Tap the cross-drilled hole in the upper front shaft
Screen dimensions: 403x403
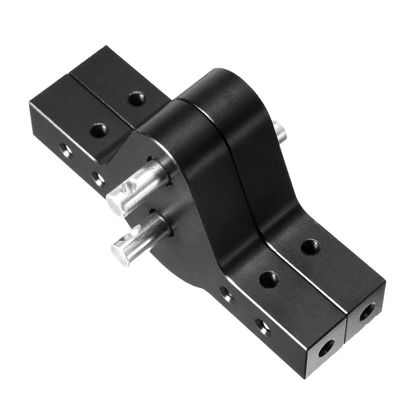pos(129,186)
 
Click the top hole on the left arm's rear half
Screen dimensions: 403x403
pos(137,98)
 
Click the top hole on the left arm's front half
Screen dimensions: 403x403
pos(98,130)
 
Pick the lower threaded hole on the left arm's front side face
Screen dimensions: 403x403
pos(97,178)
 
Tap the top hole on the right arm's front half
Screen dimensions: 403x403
pos(269,279)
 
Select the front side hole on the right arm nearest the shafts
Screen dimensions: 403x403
pos(227,294)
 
